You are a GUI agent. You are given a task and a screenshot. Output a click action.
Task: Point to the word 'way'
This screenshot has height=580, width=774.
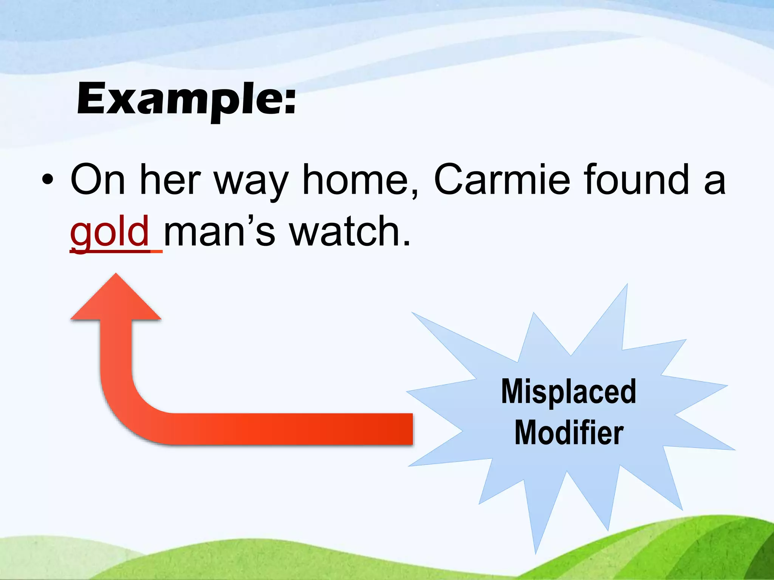(x=251, y=183)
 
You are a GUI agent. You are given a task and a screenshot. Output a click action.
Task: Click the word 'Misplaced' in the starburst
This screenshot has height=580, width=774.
(x=568, y=392)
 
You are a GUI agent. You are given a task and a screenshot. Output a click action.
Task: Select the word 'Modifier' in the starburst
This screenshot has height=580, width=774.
(x=569, y=433)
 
